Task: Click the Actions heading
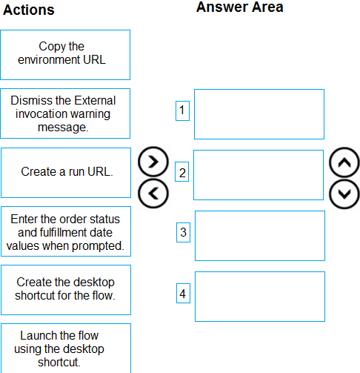(x=29, y=10)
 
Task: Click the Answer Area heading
(x=239, y=7)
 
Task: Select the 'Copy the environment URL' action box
(x=65, y=55)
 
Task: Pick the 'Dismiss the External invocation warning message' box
(x=65, y=113)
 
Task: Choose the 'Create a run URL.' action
(x=66, y=173)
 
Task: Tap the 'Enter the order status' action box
(x=66, y=231)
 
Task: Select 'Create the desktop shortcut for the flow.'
(x=66, y=290)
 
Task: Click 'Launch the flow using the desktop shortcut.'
(x=66, y=348)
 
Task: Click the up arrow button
(x=344, y=162)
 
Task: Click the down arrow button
(x=344, y=194)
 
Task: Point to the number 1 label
(x=182, y=110)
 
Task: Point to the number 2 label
(x=182, y=172)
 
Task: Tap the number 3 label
(x=183, y=232)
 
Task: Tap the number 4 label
(x=183, y=293)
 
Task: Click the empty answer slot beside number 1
(x=259, y=114)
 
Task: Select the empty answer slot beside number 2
(x=259, y=175)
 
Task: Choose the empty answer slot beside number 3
(x=260, y=236)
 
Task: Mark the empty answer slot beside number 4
(x=260, y=297)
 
